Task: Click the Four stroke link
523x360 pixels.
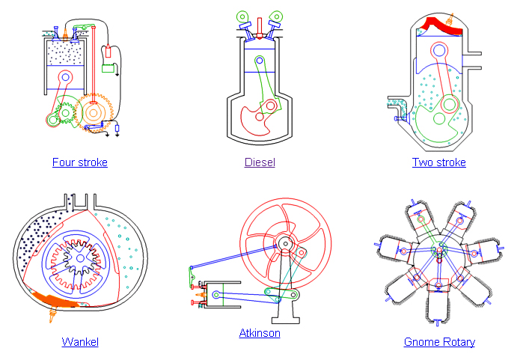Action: (x=80, y=162)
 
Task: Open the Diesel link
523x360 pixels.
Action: (x=260, y=162)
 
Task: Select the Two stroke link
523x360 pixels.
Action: (x=439, y=162)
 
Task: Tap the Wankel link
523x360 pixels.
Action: (x=80, y=342)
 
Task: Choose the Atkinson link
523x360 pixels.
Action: (x=260, y=333)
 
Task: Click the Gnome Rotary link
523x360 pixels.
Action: (x=439, y=342)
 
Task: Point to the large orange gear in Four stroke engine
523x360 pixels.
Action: (x=94, y=113)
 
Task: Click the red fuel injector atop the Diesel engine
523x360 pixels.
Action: (x=260, y=28)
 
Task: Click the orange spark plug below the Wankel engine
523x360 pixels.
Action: (x=52, y=314)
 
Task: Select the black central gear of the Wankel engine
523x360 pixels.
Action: (x=80, y=258)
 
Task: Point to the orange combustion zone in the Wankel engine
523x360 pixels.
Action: (x=55, y=299)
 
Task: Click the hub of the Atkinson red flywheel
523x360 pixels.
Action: (x=286, y=244)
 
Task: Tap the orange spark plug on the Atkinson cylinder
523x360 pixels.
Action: (x=200, y=295)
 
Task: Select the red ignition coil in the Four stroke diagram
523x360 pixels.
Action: (x=108, y=51)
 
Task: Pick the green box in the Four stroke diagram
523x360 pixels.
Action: (x=108, y=68)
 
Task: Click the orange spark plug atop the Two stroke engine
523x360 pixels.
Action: (x=451, y=19)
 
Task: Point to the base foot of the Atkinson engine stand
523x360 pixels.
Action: (x=286, y=320)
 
